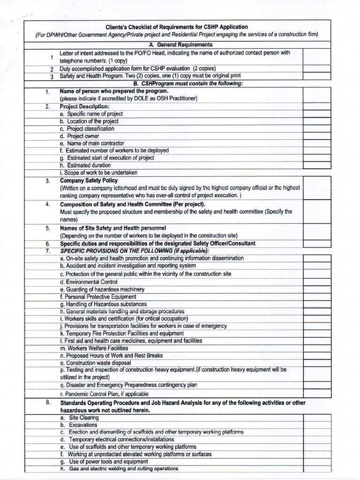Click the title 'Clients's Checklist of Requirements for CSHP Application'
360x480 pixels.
[177, 27]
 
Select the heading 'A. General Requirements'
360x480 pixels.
[177, 45]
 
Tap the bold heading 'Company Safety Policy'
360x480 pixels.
[89, 180]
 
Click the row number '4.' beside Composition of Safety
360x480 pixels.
[48, 205]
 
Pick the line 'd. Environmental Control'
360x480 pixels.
[89, 282]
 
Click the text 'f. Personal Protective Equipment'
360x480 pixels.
[98, 297]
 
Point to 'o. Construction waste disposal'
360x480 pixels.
[96, 363]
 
